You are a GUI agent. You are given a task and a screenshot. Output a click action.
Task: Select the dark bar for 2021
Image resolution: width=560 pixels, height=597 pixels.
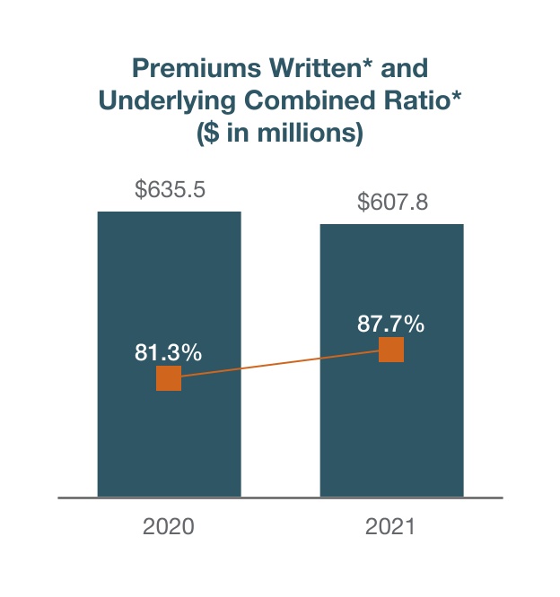[392, 430]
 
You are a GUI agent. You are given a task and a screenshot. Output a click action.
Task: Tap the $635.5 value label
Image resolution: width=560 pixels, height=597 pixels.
[169, 190]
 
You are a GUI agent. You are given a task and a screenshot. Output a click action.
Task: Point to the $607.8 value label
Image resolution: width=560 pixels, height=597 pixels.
[392, 202]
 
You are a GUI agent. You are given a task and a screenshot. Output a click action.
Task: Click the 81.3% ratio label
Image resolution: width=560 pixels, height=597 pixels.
[169, 352]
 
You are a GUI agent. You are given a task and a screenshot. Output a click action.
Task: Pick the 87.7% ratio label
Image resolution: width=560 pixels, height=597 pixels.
[390, 324]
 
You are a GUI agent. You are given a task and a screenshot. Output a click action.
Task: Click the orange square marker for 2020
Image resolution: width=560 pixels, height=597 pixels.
[169, 378]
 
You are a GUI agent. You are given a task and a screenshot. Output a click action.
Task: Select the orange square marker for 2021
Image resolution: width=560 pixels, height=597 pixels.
[391, 350]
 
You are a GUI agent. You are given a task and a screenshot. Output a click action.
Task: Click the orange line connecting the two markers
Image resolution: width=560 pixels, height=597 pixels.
[280, 364]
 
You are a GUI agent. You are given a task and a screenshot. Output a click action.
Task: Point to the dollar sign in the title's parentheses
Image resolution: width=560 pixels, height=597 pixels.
[210, 134]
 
